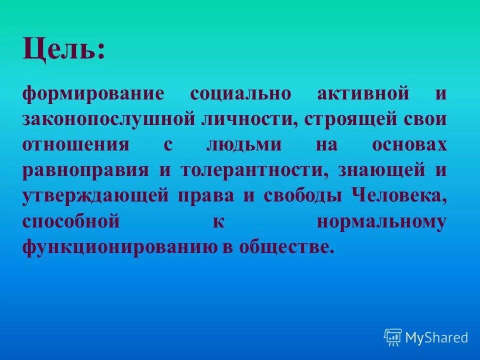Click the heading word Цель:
(64, 50)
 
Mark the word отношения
(75, 145)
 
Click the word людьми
(243, 145)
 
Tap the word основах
(408, 145)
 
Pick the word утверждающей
(95, 196)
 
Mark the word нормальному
(381, 221)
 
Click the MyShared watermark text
(436, 338)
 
